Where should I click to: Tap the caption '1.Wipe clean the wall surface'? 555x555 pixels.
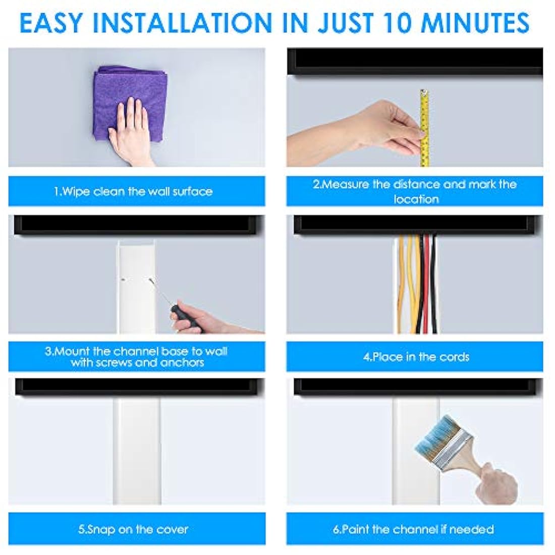tap(133, 192)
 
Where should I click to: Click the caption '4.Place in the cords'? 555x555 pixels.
tap(416, 357)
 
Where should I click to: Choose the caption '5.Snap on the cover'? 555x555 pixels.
tap(133, 529)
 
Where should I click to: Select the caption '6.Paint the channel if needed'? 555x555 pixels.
tap(413, 529)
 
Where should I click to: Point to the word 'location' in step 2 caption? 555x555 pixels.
tap(416, 199)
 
